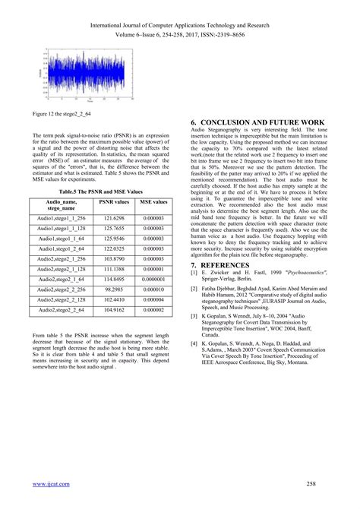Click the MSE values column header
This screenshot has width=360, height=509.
tap(154, 203)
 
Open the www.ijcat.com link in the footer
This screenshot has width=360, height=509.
tap(51, 484)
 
